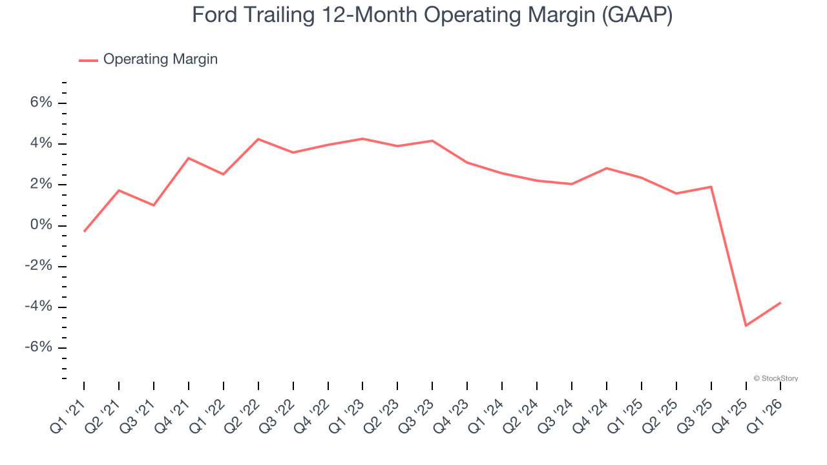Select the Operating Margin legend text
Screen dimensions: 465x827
point(160,59)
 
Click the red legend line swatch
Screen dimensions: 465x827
point(89,60)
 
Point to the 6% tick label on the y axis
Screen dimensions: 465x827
point(39,103)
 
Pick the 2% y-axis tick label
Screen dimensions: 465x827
point(39,185)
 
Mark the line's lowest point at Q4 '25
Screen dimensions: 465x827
point(746,325)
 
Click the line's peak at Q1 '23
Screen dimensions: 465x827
point(362,139)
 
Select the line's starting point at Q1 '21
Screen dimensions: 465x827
point(84,231)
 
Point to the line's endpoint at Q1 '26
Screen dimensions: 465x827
point(780,302)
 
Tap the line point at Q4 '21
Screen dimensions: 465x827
point(188,158)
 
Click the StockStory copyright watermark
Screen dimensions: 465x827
point(775,378)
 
